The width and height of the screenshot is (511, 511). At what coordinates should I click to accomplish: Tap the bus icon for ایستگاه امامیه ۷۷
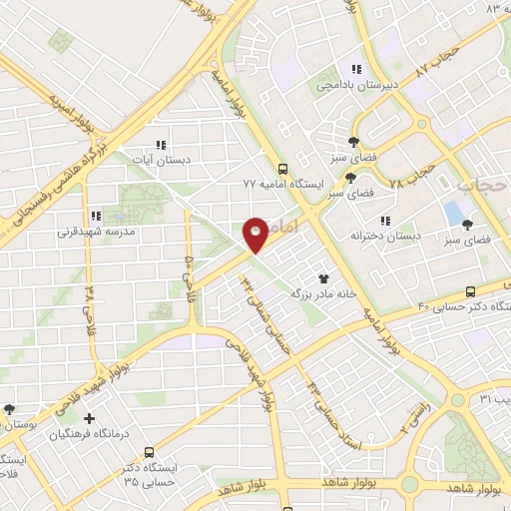(283, 169)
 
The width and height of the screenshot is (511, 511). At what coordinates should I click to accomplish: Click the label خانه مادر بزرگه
(323, 294)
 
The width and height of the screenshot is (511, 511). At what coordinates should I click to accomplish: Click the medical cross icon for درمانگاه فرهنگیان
(91, 418)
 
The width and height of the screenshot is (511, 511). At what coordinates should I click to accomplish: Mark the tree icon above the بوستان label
(10, 408)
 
